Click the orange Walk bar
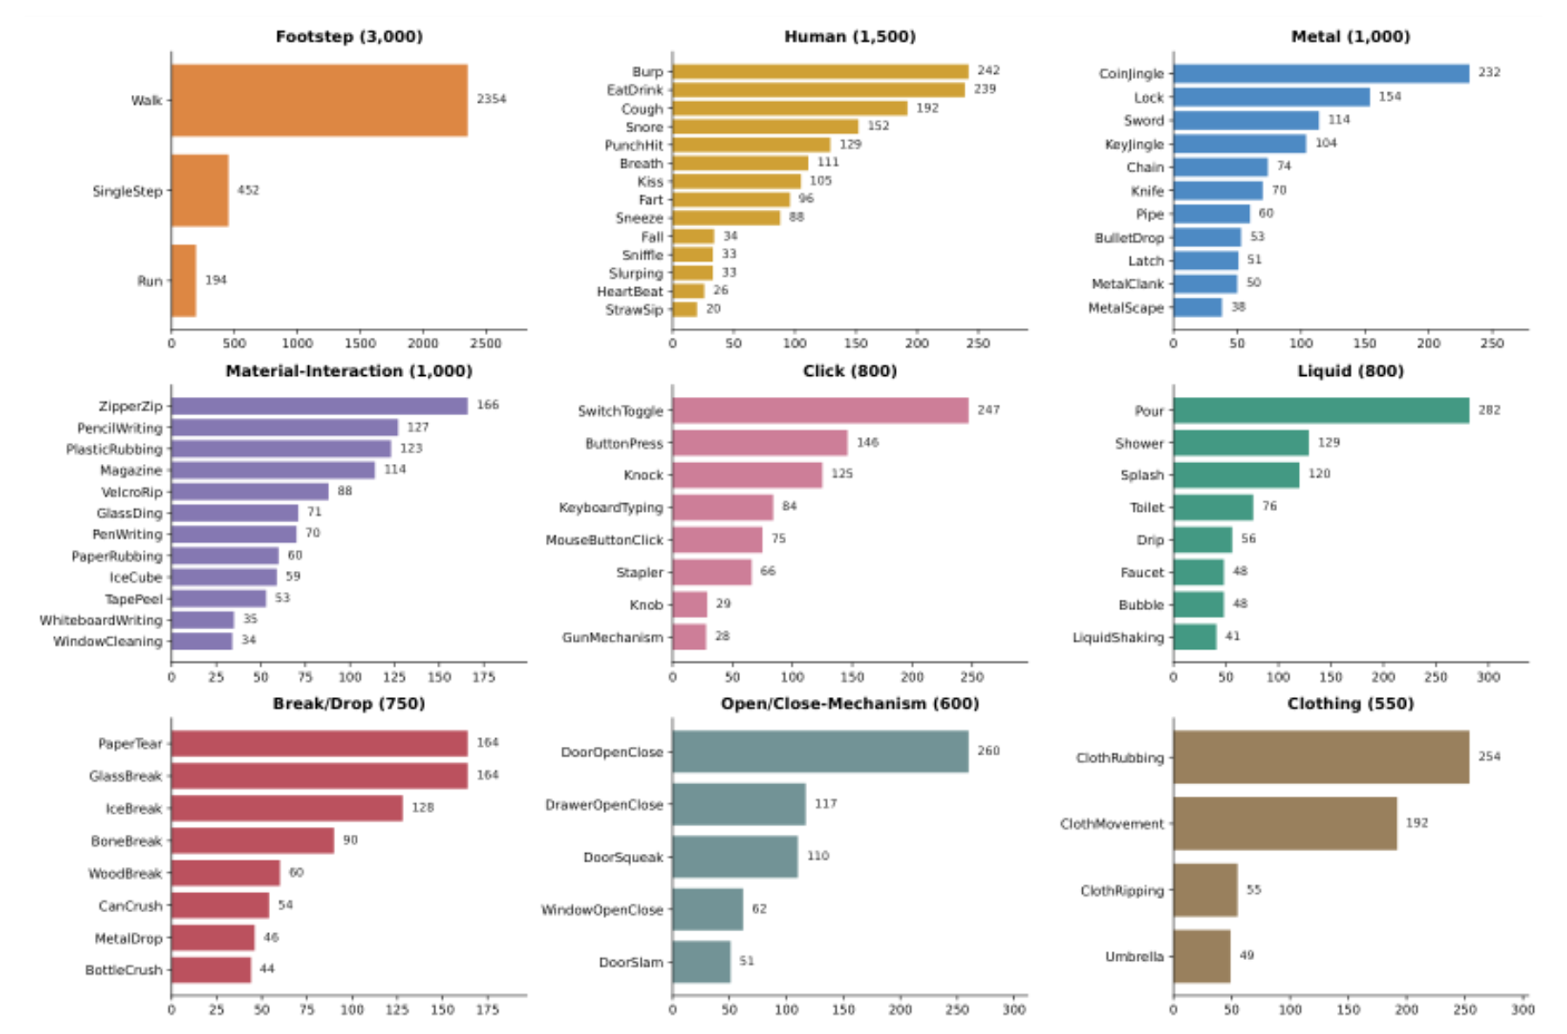[x=319, y=100]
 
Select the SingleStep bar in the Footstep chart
[x=200, y=191]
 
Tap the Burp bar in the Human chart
[x=820, y=71]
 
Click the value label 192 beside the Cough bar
[x=927, y=108]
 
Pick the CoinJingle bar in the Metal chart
[x=1322, y=73]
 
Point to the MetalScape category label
[x=1126, y=307]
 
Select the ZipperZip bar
[x=319, y=406]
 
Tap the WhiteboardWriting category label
[x=101, y=620]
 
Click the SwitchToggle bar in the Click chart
[x=820, y=411]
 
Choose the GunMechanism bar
[x=689, y=637]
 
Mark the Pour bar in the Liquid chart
[x=1322, y=411]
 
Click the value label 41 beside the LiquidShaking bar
[x=1233, y=636]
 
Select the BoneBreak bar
[x=252, y=841]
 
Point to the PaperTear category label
[x=130, y=743]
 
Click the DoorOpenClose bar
[x=820, y=752]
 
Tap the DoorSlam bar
[x=702, y=962]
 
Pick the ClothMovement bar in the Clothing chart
[x=1285, y=823]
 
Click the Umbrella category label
[x=1134, y=957]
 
